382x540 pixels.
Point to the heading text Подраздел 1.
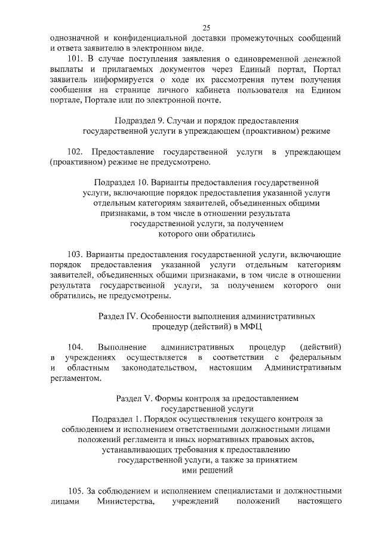pyautogui.click(x=118, y=418)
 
